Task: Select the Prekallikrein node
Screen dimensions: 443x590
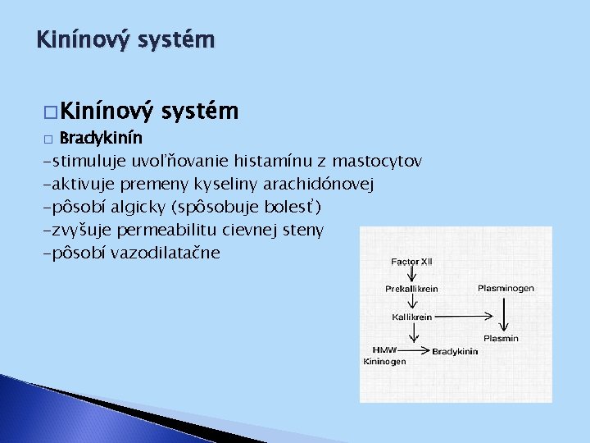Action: click(412, 289)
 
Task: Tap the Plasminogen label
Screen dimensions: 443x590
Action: click(506, 289)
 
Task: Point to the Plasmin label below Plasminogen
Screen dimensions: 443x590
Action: click(501, 338)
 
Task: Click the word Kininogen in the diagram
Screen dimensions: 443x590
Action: click(384, 361)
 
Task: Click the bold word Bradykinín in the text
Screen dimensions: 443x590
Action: click(102, 137)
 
